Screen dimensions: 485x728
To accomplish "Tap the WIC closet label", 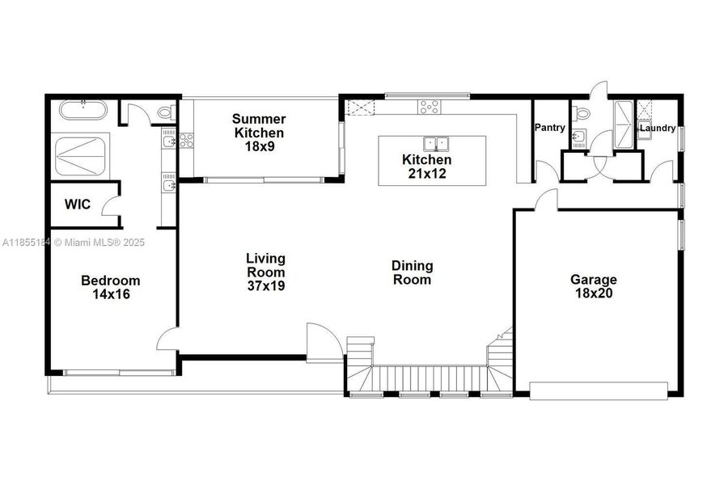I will (x=78, y=205).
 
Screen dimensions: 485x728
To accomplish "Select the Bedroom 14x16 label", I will (x=111, y=287).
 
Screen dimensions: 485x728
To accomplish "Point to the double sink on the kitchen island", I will (x=437, y=144).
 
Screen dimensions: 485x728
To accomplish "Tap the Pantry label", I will (x=550, y=128).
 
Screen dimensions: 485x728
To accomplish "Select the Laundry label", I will (x=658, y=128).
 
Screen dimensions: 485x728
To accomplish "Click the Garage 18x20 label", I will (x=593, y=286).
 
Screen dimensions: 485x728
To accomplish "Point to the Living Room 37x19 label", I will (x=266, y=272).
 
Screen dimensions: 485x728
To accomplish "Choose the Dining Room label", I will (x=412, y=272).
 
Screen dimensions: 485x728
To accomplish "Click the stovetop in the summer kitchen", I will (x=186, y=140).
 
